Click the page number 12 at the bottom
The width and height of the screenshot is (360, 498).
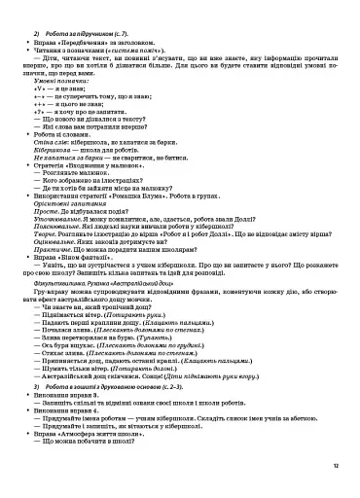(335, 466)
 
